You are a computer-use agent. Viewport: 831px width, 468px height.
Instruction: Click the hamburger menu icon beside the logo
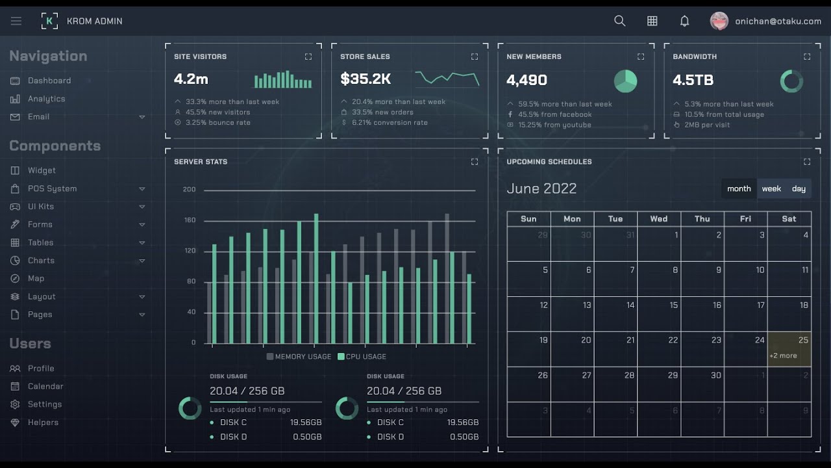[x=16, y=21]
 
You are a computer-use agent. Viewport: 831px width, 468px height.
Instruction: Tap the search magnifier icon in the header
[x=619, y=21]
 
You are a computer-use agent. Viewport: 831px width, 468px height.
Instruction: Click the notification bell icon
[x=684, y=21]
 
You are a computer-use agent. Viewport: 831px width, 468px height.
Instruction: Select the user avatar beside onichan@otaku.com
[x=719, y=21]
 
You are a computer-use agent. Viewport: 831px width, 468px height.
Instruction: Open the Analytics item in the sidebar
[x=46, y=99]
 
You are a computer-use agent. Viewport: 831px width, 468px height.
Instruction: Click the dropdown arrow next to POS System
[x=142, y=188]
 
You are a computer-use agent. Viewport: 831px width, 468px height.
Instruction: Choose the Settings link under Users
[x=45, y=404]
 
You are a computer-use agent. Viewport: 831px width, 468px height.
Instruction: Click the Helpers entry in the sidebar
[x=43, y=422]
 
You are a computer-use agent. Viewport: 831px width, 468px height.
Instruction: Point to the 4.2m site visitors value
[x=191, y=79]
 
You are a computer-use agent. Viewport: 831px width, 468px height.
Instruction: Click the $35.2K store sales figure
[x=366, y=79]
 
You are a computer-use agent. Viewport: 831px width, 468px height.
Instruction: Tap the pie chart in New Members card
[x=625, y=81]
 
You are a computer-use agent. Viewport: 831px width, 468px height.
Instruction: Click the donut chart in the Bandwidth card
[x=791, y=81]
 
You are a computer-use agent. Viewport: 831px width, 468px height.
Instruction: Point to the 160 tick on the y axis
[x=190, y=220]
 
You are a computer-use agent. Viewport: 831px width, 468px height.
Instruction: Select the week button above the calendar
[x=771, y=188]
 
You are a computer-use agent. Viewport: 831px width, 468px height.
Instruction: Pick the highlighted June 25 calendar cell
[x=789, y=349]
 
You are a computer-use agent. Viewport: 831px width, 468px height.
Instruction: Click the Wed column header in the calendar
[x=658, y=219]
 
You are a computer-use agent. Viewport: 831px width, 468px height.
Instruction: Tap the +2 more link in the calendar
[x=783, y=356]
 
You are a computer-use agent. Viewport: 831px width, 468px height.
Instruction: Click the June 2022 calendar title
[x=541, y=188]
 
